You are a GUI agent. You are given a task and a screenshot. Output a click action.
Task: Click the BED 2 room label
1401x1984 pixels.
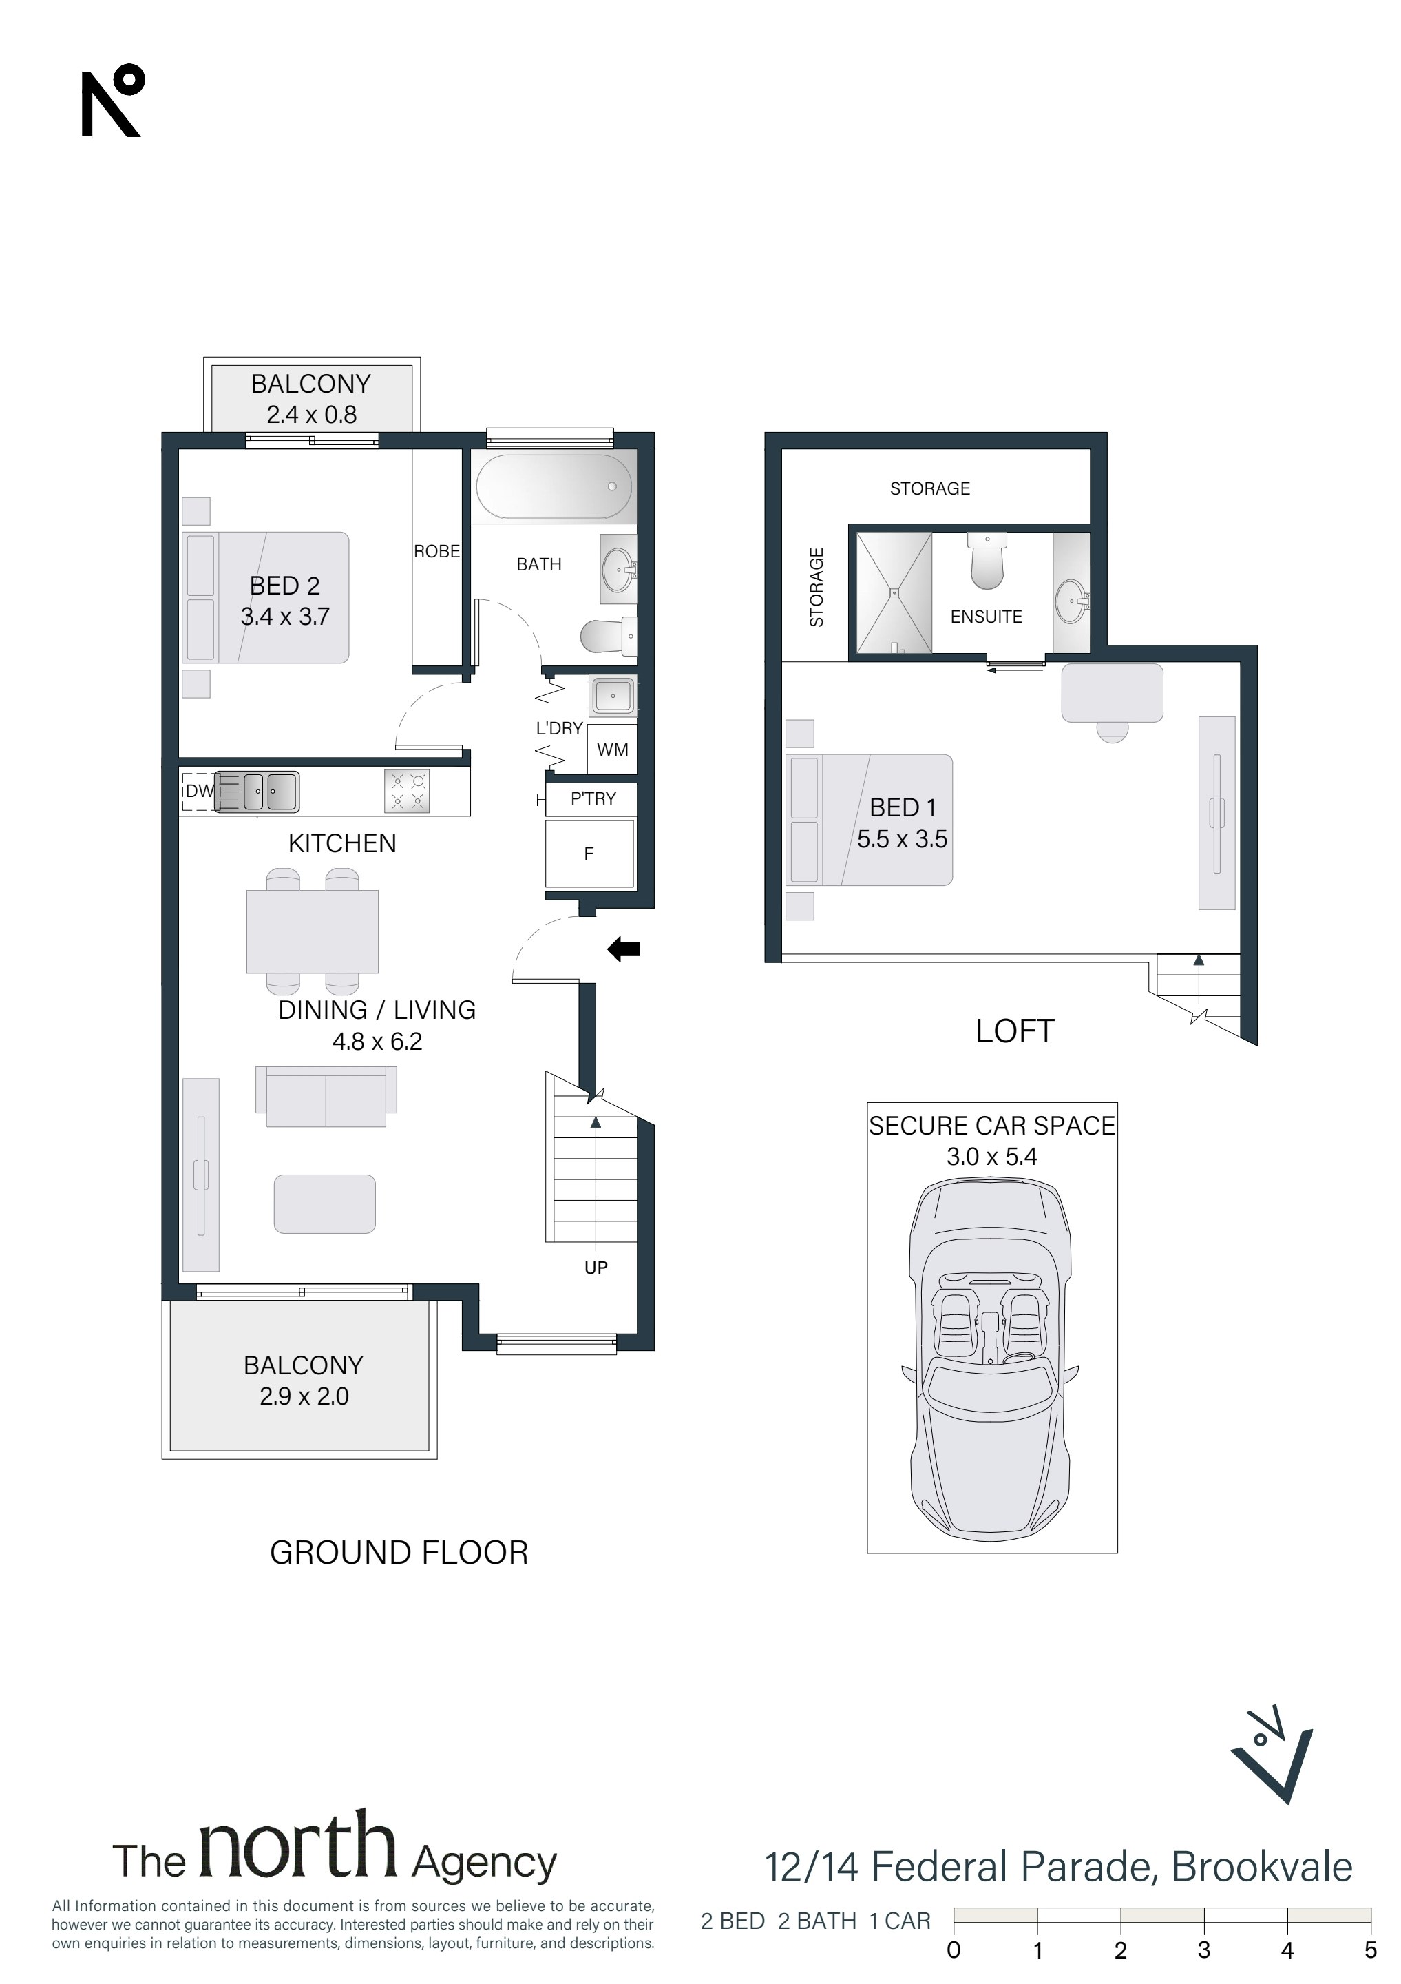285,586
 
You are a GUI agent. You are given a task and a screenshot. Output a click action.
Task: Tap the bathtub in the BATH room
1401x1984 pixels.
554,486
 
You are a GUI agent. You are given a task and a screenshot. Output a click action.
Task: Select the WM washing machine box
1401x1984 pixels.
613,750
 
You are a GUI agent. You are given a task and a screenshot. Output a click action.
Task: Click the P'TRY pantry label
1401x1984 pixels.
593,798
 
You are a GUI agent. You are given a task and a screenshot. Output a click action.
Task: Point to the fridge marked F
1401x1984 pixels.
590,854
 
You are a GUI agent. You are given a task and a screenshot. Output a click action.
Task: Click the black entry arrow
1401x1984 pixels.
624,950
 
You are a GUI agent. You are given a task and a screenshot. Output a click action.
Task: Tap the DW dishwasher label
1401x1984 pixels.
200,791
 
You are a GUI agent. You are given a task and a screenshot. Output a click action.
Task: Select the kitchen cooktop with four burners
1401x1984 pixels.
407,792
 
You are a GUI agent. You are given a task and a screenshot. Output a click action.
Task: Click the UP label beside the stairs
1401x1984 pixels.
596,1268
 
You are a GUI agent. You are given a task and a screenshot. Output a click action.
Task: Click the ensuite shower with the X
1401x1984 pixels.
894,592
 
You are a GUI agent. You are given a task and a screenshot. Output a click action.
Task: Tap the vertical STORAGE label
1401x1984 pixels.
817,587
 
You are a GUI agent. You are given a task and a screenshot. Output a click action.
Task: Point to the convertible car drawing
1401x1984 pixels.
991,1358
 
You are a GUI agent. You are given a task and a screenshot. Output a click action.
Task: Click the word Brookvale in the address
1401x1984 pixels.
1262,1868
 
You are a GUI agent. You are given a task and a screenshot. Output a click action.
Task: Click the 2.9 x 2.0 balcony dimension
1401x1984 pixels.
304,1396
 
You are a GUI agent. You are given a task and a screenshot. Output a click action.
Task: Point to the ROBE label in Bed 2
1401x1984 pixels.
437,551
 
